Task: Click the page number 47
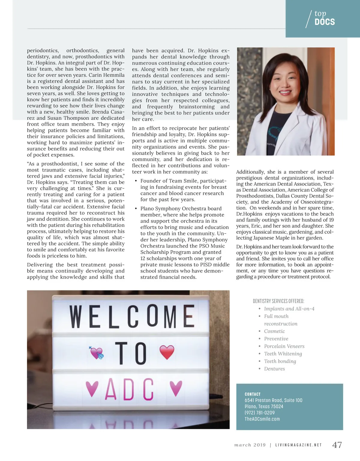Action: (337, 445)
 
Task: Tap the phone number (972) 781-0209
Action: (259, 413)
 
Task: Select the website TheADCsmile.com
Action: (262, 419)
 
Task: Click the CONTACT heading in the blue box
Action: (253, 394)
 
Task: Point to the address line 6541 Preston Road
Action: (273, 400)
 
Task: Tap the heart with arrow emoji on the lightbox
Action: (96, 353)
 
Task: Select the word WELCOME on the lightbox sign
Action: (132, 316)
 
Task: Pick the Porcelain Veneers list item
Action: (284, 346)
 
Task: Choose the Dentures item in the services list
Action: (274, 369)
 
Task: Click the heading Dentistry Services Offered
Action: (278, 301)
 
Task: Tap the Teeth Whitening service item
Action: (283, 354)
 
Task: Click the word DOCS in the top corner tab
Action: (325, 22)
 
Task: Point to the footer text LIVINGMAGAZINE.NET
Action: (298, 445)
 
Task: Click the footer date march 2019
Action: (250, 445)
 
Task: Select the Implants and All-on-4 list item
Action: (289, 309)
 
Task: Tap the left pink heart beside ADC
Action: (92, 388)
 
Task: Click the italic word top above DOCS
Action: (320, 13)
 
